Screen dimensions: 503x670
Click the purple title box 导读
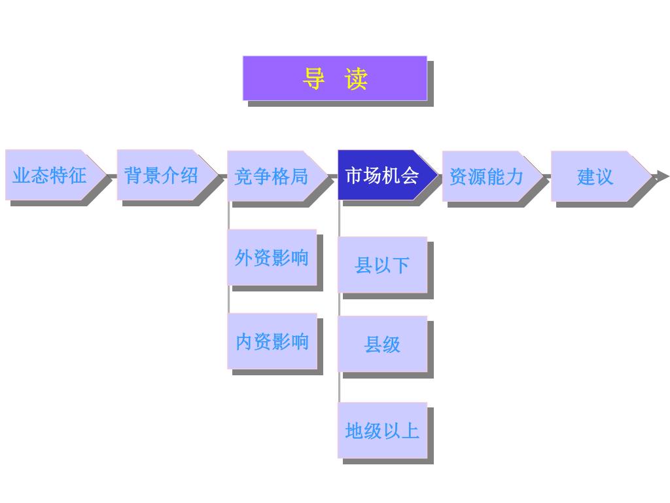[334, 78]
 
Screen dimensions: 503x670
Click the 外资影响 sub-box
[272, 257]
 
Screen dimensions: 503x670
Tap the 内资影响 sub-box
[272, 341]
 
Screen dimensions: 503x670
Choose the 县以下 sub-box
[382, 265]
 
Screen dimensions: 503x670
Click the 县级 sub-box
[382, 344]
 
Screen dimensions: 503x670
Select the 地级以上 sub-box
[382, 430]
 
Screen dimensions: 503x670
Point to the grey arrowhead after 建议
[663, 176]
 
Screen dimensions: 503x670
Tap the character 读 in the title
[357, 79]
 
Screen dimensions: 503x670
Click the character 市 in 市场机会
[354, 176]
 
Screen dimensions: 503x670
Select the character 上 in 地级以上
[410, 430]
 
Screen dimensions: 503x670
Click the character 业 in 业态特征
[22, 176]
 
